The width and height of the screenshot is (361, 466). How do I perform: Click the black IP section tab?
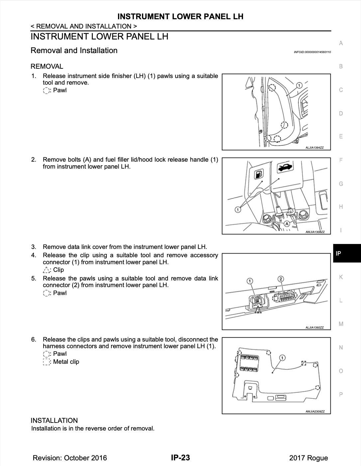point(347,253)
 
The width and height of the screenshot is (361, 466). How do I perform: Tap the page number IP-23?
point(180,458)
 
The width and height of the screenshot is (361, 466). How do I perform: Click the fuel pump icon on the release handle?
point(259,174)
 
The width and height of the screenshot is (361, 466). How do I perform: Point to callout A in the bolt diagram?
point(286,224)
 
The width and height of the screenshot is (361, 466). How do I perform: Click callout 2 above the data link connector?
point(281,279)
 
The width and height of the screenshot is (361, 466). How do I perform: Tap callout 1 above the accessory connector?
point(250,281)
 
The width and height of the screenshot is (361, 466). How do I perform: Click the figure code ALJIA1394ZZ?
point(314,148)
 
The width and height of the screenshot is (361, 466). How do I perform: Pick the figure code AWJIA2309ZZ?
point(315,412)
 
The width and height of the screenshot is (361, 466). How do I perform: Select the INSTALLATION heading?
point(54,420)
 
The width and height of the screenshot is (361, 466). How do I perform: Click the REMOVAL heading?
point(47,66)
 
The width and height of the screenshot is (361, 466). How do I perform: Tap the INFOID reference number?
point(312,52)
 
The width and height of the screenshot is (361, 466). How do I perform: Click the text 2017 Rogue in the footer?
point(308,458)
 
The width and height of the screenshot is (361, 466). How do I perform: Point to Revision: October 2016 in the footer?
point(70,458)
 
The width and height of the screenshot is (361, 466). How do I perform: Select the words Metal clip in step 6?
point(66,362)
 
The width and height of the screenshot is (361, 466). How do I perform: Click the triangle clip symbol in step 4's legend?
point(46,270)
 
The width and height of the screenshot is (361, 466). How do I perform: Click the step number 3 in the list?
point(34,247)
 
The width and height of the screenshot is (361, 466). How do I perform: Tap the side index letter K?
point(341,277)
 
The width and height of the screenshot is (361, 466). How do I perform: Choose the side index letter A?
point(341,43)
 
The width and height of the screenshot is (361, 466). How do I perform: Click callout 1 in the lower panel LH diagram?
point(282,358)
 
